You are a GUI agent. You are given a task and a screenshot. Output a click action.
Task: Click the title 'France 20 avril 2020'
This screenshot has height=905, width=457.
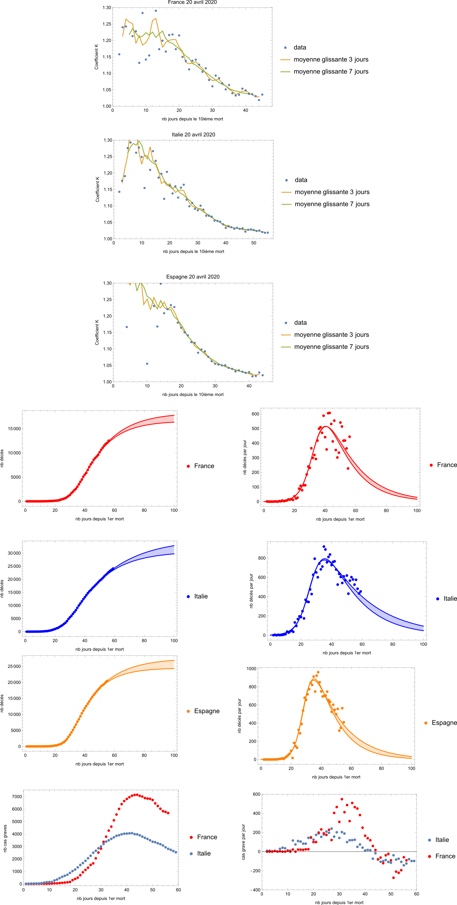click(x=192, y=3)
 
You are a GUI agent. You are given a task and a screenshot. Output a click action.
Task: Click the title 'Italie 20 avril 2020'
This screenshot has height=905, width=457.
click(x=193, y=134)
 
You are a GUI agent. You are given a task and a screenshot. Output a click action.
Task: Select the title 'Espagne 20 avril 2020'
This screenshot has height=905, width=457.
click(x=193, y=277)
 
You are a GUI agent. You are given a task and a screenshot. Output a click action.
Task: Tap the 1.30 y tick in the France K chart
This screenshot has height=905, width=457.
click(x=107, y=8)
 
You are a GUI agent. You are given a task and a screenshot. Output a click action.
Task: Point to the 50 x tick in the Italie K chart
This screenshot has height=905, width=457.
click(x=254, y=243)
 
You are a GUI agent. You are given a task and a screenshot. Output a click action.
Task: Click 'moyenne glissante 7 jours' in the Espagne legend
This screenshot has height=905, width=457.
click(x=331, y=347)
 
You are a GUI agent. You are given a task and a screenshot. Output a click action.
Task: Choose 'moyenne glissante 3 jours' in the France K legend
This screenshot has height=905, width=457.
click(x=331, y=59)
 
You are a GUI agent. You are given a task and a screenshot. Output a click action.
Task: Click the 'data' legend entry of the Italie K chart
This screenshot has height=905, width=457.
click(x=301, y=180)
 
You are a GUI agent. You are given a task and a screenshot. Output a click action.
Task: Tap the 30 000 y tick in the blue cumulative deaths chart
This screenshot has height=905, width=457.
click(x=14, y=553)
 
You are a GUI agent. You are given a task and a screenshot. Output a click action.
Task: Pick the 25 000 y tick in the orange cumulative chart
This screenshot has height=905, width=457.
click(x=14, y=666)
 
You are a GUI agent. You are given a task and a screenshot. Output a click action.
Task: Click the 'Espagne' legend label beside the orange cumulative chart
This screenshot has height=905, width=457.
click(x=207, y=711)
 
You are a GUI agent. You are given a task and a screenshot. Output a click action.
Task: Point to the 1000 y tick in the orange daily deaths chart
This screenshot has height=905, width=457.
click(x=251, y=669)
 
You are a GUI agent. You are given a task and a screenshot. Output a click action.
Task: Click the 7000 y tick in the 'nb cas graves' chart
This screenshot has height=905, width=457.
click(x=17, y=797)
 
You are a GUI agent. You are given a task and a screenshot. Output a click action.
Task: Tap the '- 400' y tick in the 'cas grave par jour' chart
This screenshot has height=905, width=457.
click(x=255, y=890)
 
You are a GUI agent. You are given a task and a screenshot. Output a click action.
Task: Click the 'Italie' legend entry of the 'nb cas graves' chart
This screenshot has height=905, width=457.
click(x=204, y=854)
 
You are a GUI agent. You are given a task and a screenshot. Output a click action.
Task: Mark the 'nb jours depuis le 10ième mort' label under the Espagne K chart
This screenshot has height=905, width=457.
click(x=193, y=394)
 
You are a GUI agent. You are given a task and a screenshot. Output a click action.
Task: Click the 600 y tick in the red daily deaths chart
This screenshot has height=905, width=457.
click(x=255, y=414)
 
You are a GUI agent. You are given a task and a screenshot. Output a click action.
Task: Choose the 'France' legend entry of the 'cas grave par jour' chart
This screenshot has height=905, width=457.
click(x=445, y=856)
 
